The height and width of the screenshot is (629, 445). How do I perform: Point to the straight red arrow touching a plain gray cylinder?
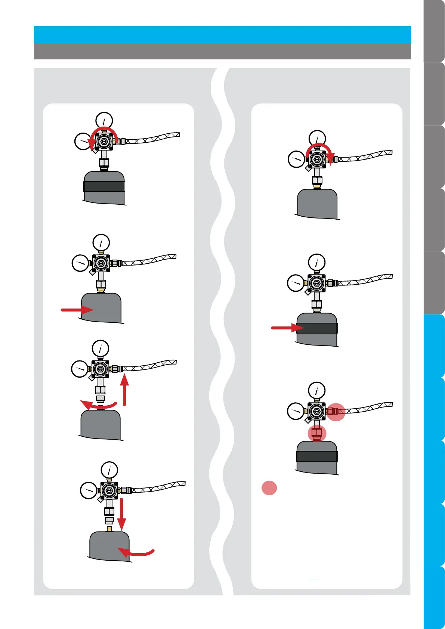pos(77,310)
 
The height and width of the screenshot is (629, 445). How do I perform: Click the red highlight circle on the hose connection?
pos(336,412)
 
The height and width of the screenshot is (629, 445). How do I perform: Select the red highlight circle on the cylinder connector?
pos(317,434)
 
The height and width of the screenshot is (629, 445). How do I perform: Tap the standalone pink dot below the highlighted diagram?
pos(269,488)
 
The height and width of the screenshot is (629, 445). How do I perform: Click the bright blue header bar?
pos(222,34)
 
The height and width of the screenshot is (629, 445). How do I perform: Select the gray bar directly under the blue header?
pos(222,51)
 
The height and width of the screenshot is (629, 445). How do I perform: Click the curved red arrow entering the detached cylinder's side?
pos(136,552)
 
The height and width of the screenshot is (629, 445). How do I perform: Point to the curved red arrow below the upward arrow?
pos(99,405)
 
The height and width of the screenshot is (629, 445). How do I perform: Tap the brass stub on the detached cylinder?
pos(109,529)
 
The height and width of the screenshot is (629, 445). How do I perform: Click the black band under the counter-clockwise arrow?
pos(104,186)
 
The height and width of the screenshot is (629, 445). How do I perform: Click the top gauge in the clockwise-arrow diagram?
pos(317,138)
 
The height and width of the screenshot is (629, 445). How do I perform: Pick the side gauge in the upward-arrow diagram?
pos(80,369)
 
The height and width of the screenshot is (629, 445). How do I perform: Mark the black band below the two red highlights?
pos(317,456)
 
